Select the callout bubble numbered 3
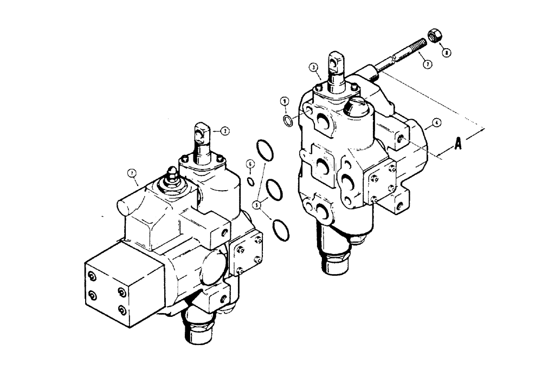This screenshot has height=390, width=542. (313, 67)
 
